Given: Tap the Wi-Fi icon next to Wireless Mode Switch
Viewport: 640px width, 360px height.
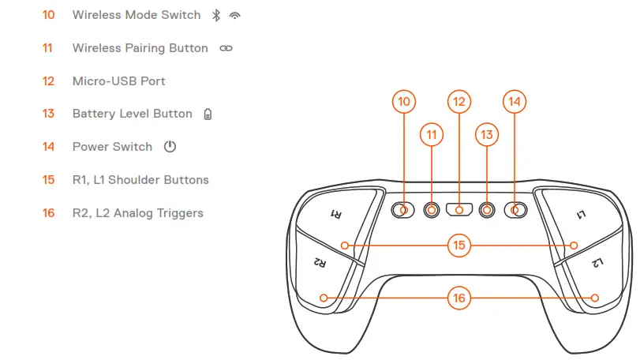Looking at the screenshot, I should (234, 15).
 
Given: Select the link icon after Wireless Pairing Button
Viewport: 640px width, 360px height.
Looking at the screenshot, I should (226, 48).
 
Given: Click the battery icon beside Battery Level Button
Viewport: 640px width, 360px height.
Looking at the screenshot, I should (208, 114).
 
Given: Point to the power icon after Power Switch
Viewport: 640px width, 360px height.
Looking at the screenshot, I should (170, 147).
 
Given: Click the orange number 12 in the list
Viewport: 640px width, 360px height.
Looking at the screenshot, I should (49, 81).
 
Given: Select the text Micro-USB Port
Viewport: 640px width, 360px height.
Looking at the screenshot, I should (118, 81).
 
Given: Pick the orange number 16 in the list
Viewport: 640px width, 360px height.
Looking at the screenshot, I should (49, 213).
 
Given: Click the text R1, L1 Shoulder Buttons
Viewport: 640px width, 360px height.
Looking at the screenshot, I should (140, 180).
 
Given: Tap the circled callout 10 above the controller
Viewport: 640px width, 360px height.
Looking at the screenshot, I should (404, 101).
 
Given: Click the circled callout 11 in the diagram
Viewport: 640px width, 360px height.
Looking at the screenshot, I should (432, 135).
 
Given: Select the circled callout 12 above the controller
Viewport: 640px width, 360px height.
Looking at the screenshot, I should (459, 101).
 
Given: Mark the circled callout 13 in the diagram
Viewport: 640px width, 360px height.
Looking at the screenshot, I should (487, 135).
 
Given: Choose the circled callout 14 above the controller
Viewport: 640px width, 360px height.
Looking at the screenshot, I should (515, 101).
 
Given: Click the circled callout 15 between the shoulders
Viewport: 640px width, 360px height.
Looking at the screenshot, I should (459, 246).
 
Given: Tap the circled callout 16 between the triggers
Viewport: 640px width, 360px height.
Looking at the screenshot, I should (459, 298).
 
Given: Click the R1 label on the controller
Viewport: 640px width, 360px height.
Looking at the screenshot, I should (335, 214).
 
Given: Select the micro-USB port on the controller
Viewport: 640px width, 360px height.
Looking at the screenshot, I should (459, 210).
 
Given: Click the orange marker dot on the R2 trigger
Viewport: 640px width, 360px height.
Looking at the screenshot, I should (324, 298).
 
